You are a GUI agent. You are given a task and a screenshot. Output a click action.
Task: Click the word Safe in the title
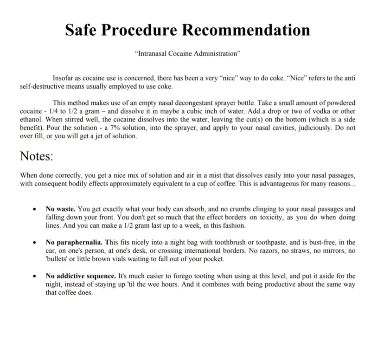pos(80,30)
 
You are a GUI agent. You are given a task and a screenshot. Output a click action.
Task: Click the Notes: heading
pos(37,155)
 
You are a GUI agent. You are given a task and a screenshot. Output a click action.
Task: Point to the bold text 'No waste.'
pos(61,209)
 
